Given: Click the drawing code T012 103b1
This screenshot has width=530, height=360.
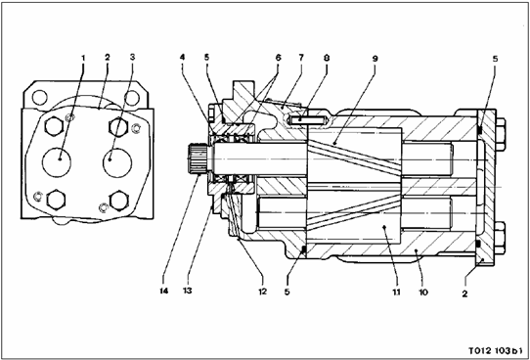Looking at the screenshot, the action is [x=495, y=350].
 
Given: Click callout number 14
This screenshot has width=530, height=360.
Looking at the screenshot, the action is [x=164, y=291].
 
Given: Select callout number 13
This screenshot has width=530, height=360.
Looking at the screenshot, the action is [x=187, y=291].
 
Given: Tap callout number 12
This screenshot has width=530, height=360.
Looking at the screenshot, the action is [x=263, y=292].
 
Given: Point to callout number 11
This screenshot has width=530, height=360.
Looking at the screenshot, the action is [x=396, y=292].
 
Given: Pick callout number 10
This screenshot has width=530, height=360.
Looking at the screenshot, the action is [x=423, y=292].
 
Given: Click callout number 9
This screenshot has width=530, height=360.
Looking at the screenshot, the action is [x=375, y=59].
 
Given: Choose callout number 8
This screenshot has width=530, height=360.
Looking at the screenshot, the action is [x=327, y=58].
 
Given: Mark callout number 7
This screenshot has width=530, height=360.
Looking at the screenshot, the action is [x=301, y=58].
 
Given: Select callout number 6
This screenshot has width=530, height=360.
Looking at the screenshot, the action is [x=278, y=58].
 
